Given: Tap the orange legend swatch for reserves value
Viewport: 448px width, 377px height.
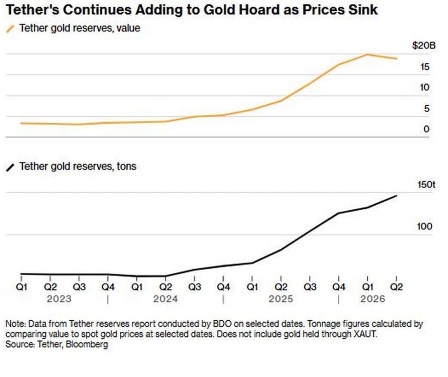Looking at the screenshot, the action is [x=10, y=29].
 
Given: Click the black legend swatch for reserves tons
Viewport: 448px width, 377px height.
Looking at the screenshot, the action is [x=10, y=167].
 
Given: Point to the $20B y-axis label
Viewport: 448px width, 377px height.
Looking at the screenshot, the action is [x=424, y=45].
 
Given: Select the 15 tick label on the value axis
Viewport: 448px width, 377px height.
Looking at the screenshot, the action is [x=425, y=67].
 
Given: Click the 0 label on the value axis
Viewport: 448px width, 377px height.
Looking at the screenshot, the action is [x=426, y=129].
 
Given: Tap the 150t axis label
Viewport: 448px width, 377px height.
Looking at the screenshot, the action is [x=426, y=184].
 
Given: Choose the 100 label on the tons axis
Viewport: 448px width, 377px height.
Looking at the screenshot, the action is [x=425, y=227].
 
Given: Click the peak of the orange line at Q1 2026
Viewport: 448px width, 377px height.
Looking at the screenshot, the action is [x=367, y=54].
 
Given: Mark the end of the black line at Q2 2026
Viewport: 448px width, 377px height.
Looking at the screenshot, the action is [x=397, y=196].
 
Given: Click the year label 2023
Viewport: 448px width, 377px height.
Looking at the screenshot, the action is [x=59, y=299].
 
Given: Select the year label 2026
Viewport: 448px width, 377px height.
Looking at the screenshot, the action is [x=373, y=299].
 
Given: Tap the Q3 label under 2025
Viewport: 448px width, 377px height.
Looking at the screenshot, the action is [x=310, y=287].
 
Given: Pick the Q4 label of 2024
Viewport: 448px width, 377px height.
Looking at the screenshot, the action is [x=224, y=287].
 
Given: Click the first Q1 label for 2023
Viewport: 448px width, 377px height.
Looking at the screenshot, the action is [x=22, y=287].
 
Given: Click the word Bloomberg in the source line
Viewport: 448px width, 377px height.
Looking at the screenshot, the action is [x=87, y=344].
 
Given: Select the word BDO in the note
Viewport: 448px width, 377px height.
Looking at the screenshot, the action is [x=222, y=324].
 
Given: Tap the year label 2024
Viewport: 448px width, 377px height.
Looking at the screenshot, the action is [x=165, y=299].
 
